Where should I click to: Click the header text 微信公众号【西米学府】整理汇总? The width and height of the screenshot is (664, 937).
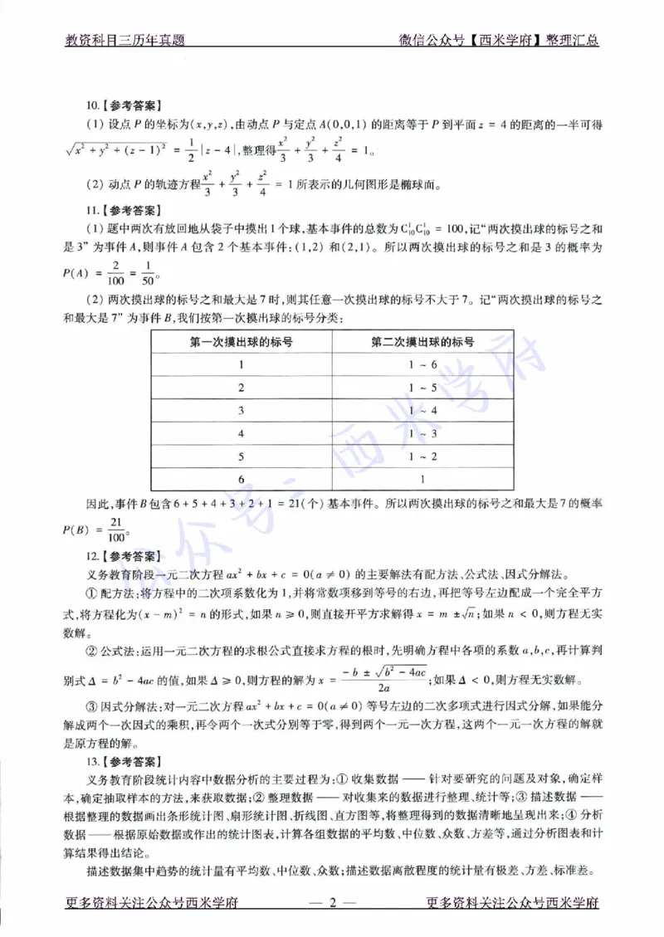tap(499, 39)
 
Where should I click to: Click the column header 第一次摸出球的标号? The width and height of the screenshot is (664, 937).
tap(241, 341)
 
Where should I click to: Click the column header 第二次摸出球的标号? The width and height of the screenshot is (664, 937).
tap(422, 341)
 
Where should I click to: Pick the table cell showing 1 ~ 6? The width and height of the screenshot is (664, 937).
tap(422, 364)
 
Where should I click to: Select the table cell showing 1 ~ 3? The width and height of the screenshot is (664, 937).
tap(422, 433)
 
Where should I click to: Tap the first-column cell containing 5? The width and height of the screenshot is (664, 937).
tap(241, 456)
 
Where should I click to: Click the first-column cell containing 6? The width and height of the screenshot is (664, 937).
tap(241, 480)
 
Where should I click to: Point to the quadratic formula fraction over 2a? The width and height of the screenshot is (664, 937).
tap(384, 678)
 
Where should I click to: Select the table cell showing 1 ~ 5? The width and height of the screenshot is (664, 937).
tap(422, 388)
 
